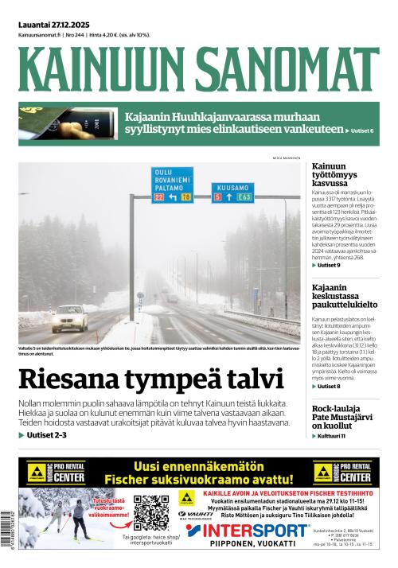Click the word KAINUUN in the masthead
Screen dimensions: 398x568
[101, 70]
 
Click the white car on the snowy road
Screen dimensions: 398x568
[70, 318]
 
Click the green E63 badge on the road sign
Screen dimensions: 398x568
[244, 196]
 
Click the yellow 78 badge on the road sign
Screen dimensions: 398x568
[185, 196]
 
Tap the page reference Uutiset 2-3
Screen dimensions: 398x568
[47, 435]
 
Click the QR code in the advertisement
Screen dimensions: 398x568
[151, 512]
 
